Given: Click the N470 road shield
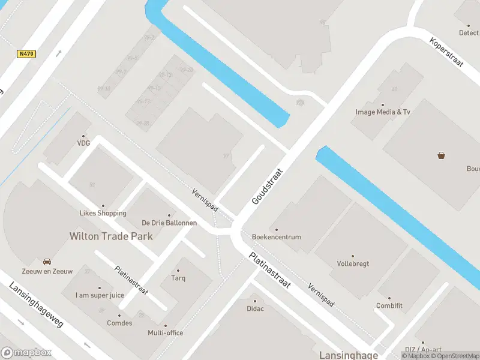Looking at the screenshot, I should pos(26,54).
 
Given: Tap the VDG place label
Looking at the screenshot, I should pos(83,143).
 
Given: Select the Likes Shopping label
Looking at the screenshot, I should pos(103,213).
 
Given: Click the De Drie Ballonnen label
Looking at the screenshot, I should pos(169,223).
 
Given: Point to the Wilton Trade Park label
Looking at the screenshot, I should pos(111,236).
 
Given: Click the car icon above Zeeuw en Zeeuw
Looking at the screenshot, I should pos(47,262).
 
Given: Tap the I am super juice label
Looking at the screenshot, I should pos(100,295).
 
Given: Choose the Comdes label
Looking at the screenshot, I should pos(119,323).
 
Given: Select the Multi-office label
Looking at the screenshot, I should pos(166,333).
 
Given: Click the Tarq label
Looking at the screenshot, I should pos(178,278).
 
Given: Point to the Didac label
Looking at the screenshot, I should pos(255,308).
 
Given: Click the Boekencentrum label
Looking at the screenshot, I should pos(277,237).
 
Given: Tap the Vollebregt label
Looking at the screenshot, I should pos(353,263).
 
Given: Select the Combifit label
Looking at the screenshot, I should pos(389,306).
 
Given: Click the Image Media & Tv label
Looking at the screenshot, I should pos(383,112).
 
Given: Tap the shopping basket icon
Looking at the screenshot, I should pos(442,155).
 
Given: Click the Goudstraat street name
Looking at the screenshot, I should pos(267,186).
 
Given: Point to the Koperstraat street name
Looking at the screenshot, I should pos(447,52).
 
